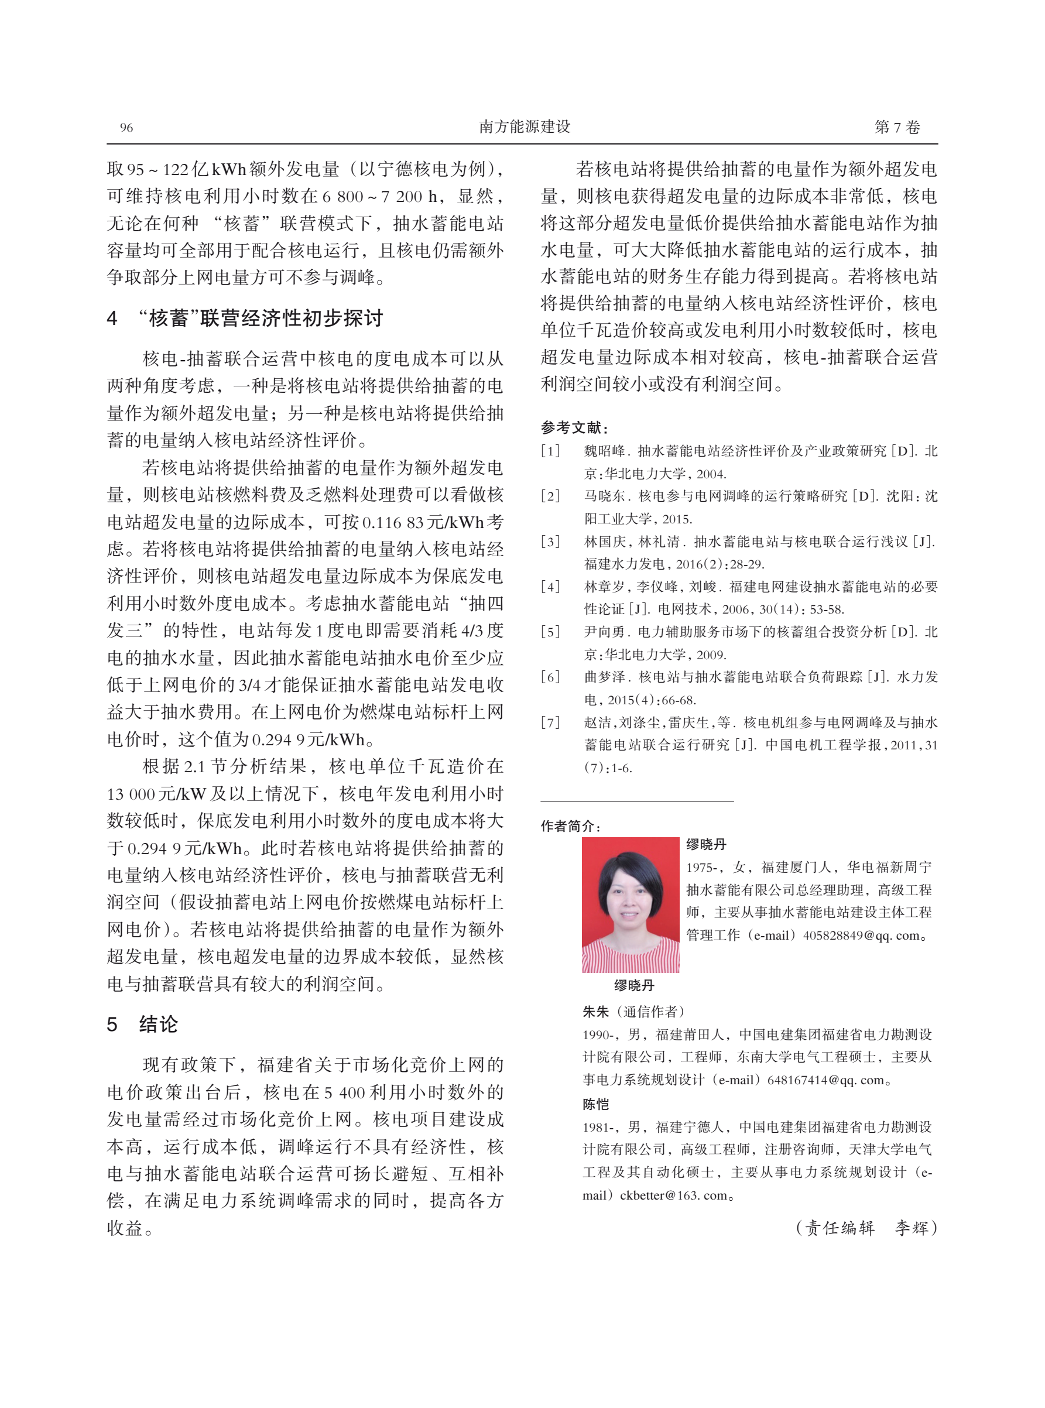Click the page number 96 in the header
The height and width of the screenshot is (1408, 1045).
coord(126,128)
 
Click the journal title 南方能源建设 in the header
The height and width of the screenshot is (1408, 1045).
coord(525,127)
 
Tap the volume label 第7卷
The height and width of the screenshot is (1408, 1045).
coord(896,127)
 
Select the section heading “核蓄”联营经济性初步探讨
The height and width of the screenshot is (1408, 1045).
coord(259,318)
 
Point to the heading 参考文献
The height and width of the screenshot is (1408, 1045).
coord(574,428)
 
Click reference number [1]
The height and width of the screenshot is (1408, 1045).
coord(550,451)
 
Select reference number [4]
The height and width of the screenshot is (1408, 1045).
coord(550,587)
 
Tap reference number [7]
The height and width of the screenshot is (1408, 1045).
coord(550,723)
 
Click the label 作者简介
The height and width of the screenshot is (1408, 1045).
coord(570,826)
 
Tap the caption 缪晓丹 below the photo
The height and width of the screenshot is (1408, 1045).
coord(634,985)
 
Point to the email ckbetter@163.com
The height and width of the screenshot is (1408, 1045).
coord(673,1195)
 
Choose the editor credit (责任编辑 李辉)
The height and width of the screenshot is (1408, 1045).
coord(865,1228)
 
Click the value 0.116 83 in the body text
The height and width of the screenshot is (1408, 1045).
coord(392,522)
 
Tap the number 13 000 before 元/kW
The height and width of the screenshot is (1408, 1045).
coord(130,794)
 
